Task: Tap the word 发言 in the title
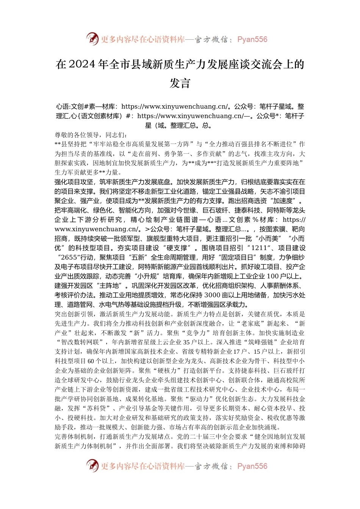coord(180,83)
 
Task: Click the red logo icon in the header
coord(92,39)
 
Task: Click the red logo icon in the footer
coord(92,466)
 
